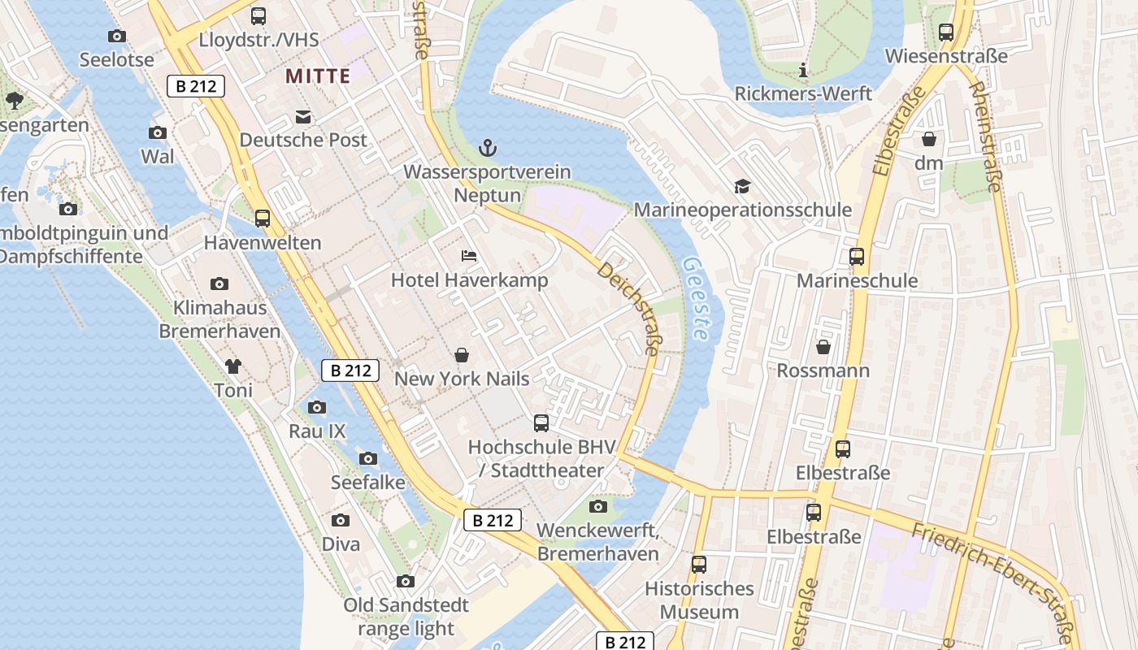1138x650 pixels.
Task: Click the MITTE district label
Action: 318,76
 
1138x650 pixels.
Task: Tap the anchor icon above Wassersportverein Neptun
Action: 488,148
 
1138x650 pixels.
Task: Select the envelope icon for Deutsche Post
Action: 303,117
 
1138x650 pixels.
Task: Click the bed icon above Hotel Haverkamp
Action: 469,256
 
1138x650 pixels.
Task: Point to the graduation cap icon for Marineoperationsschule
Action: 742,187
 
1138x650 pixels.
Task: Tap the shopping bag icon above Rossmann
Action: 823,347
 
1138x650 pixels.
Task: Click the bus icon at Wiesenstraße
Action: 946,32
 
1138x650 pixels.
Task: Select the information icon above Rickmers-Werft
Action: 803,70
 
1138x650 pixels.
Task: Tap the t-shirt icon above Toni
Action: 233,366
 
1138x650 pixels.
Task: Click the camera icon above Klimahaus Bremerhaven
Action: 219,284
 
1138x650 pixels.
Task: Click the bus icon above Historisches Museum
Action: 699,565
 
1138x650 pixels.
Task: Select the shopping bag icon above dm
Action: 928,140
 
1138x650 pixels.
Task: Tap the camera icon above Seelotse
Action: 117,36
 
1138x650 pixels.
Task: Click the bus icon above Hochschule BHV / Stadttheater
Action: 541,423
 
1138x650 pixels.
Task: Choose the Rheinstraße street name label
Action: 985,136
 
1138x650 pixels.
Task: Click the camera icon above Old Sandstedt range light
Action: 406,581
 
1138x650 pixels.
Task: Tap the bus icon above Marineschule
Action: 857,257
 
